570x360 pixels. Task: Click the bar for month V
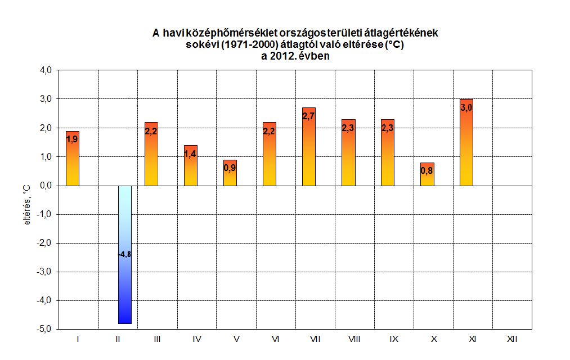click(230, 177)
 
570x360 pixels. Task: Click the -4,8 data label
click(124, 255)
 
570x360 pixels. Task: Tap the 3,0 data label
click(466, 107)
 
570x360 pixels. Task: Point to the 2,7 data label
click(308, 116)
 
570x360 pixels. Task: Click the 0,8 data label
click(427, 171)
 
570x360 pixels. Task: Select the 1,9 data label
click(72, 139)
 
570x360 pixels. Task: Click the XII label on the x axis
click(511, 340)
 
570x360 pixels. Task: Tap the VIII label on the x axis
click(354, 340)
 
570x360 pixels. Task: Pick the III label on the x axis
click(156, 340)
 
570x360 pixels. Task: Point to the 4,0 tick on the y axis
click(45, 70)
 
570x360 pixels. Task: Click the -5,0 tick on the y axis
click(44, 329)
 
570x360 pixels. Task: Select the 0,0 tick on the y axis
click(45, 186)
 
